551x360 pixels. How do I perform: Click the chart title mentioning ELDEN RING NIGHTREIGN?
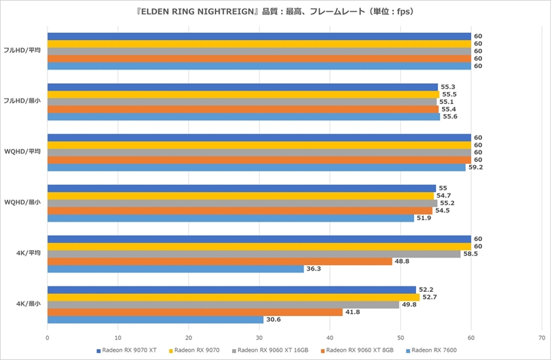(x=275, y=12)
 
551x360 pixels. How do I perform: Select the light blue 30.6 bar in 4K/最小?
(x=155, y=319)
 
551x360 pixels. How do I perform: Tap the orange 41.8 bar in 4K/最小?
(x=195, y=312)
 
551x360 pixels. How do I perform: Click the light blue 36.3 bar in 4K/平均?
(x=176, y=268)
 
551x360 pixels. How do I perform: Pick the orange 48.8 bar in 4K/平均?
(x=220, y=261)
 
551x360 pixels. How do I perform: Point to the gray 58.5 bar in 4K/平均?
(x=253, y=254)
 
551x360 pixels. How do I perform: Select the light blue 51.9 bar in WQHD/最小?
(x=231, y=218)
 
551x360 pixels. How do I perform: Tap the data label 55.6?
(x=450, y=117)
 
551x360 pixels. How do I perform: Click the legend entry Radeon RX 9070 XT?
(x=127, y=350)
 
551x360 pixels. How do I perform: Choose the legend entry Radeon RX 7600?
(x=433, y=350)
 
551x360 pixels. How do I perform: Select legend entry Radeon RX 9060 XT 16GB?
(x=273, y=350)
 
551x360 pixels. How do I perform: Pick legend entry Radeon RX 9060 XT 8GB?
(x=359, y=350)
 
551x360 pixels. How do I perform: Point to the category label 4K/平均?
(x=27, y=253)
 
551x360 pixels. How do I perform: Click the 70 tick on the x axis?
(x=541, y=337)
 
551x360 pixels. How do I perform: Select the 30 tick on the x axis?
(x=259, y=337)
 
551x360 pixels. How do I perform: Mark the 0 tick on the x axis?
(x=47, y=337)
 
